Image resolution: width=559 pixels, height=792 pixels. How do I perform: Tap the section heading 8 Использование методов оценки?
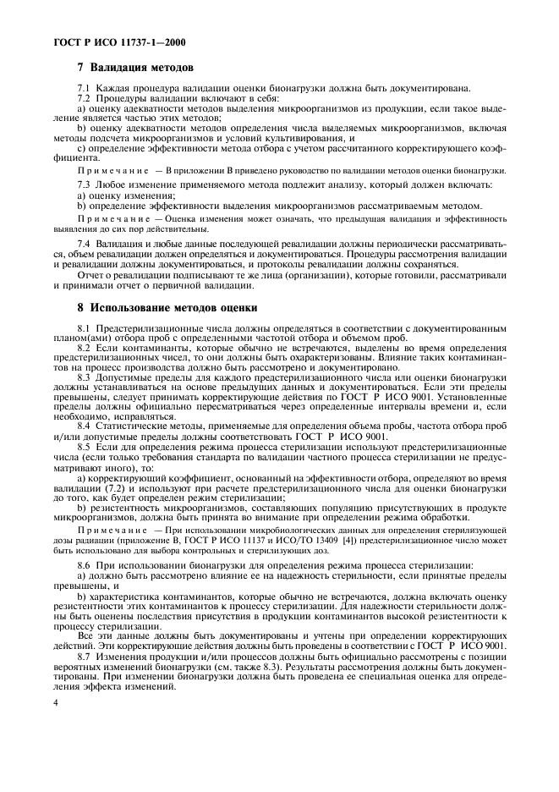point(167,307)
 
